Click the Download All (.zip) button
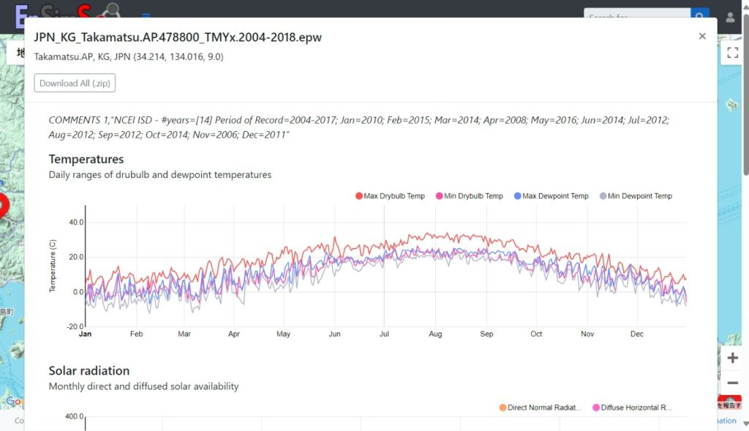pyautogui.click(x=75, y=83)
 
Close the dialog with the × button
pyautogui.click(x=702, y=36)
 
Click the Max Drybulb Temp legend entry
pyautogui.click(x=390, y=196)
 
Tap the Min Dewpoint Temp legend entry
pyautogui.click(x=636, y=196)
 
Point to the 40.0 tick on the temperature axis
pyautogui.click(x=75, y=222)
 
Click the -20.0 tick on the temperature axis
pyautogui.click(x=74, y=327)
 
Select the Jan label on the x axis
pyautogui.click(x=86, y=334)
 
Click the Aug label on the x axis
pyautogui.click(x=435, y=334)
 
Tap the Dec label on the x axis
pyautogui.click(x=637, y=334)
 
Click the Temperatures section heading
pyautogui.click(x=86, y=160)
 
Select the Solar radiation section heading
pyautogui.click(x=89, y=371)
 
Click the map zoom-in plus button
pyautogui.click(x=733, y=358)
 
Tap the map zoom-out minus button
pyautogui.click(x=733, y=383)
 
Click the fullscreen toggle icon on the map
pyautogui.click(x=732, y=53)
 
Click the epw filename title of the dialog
pyautogui.click(x=178, y=37)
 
